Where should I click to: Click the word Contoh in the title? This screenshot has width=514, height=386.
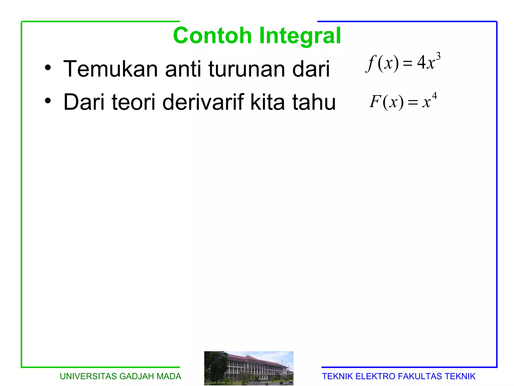click(x=212, y=36)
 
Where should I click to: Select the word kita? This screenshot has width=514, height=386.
click(x=268, y=102)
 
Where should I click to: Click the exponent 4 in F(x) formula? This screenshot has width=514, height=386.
click(x=434, y=96)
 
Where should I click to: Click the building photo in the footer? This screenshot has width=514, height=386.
click(x=248, y=368)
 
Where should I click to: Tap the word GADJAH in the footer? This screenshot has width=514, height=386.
click(x=137, y=376)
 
